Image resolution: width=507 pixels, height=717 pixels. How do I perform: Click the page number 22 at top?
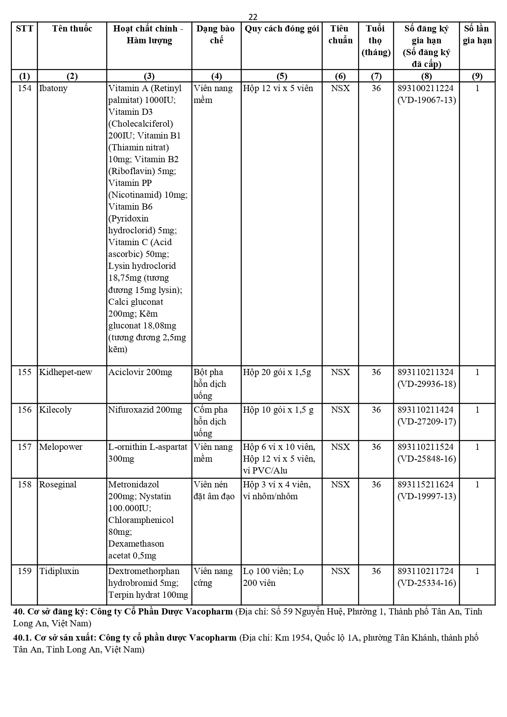[253, 17]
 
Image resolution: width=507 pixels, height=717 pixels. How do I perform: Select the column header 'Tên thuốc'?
[72, 29]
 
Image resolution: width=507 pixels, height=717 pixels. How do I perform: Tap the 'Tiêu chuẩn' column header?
[340, 34]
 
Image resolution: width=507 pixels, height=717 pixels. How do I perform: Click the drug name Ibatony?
[53, 88]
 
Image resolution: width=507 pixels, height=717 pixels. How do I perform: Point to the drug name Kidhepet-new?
[65, 372]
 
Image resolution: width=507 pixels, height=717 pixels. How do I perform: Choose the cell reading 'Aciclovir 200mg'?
[140, 372]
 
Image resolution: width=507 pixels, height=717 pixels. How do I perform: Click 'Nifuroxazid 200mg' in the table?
[145, 410]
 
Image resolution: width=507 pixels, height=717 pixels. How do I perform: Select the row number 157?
[25, 447]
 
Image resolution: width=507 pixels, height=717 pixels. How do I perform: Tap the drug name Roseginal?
[58, 485]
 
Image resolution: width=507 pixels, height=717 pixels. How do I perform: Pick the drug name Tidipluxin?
[59, 571]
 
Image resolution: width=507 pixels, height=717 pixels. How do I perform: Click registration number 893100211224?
[425, 88]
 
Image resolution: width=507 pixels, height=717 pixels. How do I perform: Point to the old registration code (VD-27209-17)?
[427, 422]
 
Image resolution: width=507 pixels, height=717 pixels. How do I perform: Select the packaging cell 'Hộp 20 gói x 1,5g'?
[277, 372]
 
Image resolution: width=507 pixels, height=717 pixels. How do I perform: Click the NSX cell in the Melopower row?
[340, 447]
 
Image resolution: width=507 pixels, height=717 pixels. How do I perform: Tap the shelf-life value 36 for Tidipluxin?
[376, 571]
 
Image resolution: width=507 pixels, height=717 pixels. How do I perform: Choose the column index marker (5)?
[281, 76]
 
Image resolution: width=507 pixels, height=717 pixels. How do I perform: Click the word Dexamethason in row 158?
[136, 544]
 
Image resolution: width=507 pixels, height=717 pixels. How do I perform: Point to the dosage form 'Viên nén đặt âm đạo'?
[214, 490]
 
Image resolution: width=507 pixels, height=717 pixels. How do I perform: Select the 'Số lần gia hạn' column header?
[477, 34]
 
